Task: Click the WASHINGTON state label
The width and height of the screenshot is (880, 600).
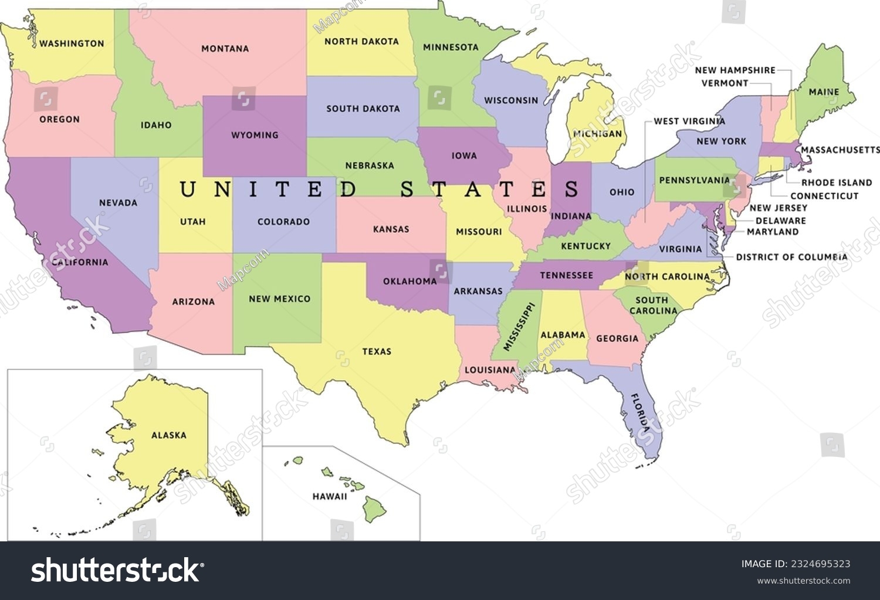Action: tap(72, 43)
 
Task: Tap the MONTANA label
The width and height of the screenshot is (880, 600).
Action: tap(225, 49)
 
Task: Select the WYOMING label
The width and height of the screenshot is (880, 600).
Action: tap(255, 135)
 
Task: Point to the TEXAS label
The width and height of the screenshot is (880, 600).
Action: tap(377, 351)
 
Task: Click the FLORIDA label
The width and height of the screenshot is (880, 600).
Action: tap(640, 413)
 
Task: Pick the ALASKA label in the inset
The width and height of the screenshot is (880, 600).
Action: tap(169, 435)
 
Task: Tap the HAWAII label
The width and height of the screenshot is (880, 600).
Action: tap(330, 496)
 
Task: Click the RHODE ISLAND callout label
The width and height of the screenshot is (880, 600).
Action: tap(837, 183)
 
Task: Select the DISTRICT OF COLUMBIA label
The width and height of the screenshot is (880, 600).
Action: tap(791, 257)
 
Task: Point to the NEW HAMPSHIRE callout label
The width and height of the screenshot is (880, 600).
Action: tap(735, 70)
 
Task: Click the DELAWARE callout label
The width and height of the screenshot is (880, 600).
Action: tap(780, 221)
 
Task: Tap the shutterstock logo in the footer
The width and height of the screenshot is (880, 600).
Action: tap(117, 570)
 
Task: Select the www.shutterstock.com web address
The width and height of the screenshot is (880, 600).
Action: tap(803, 581)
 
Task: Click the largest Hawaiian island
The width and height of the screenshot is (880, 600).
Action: tap(374, 508)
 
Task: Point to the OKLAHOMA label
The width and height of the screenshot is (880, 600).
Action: tap(410, 282)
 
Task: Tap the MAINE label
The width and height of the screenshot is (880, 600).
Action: tap(824, 92)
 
